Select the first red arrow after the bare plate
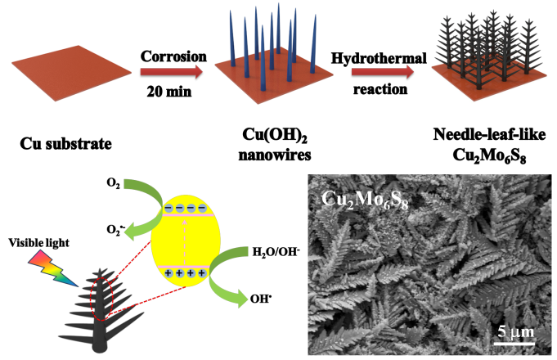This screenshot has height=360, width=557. coord(171,72)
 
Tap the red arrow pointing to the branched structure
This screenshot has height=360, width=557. coord(382,72)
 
